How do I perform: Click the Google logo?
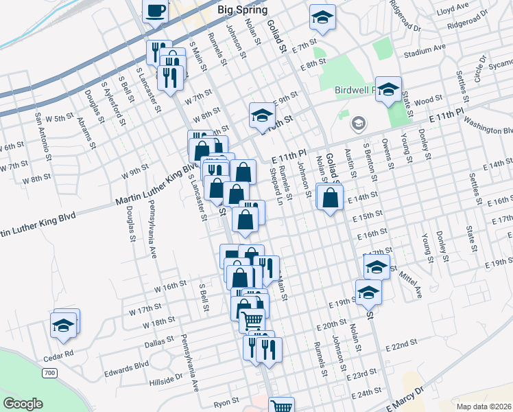pyautogui.click(x=23, y=403)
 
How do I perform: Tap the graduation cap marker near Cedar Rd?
pyautogui.click(x=64, y=325)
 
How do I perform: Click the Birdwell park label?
pyautogui.click(x=356, y=90)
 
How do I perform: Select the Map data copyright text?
pyautogui.click(x=483, y=406)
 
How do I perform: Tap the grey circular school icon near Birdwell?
pyautogui.click(x=357, y=124)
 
